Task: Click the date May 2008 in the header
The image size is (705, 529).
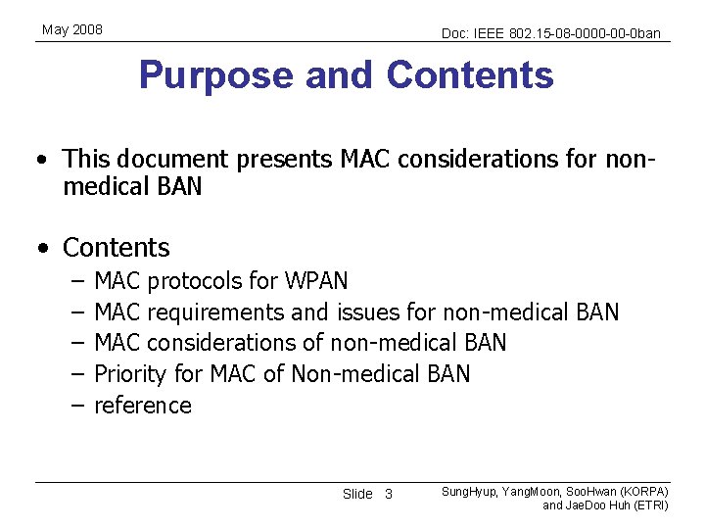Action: [72, 30]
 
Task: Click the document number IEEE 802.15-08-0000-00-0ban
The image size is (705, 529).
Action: [551, 33]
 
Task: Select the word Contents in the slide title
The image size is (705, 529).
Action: [470, 75]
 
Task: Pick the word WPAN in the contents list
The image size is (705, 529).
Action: [316, 282]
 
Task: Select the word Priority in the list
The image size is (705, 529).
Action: [130, 374]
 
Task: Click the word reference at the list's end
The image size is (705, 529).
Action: [143, 406]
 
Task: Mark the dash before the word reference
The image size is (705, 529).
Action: [77, 406]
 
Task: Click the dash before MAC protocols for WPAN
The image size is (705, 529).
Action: [77, 282]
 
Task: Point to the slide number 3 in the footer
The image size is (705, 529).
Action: [388, 494]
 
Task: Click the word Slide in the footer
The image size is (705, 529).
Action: [357, 494]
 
